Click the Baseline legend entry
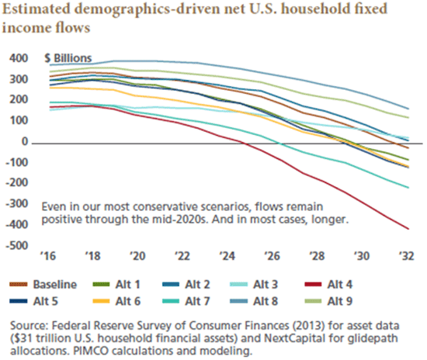(x=43, y=285)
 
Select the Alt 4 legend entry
(x=328, y=285)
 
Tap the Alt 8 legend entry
(x=254, y=302)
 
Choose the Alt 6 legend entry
(x=116, y=302)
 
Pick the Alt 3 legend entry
(x=254, y=285)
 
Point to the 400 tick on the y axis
(x=19, y=58)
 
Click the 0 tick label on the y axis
(x=25, y=142)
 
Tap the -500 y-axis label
(x=17, y=246)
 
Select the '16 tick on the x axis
(x=48, y=256)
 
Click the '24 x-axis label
(x=227, y=256)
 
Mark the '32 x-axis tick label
(x=406, y=256)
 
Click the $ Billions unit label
(x=68, y=58)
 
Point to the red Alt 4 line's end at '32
(x=408, y=229)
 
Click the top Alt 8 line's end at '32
(x=408, y=109)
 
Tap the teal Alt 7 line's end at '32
(x=408, y=188)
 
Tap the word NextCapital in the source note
(x=295, y=338)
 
